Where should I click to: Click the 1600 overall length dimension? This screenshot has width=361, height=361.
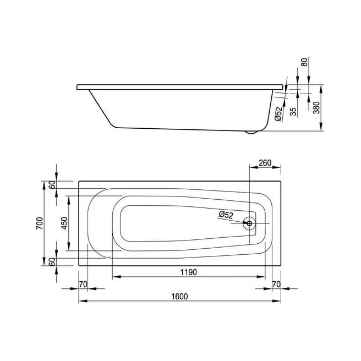coord(179,296)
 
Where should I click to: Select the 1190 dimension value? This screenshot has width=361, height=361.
coord(189,272)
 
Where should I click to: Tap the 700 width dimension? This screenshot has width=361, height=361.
coord(40,223)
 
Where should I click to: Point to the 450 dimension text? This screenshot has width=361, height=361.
coord(64,223)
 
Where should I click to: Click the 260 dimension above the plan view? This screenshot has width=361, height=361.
coord(265,163)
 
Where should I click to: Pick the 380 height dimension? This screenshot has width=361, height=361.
coord(317,107)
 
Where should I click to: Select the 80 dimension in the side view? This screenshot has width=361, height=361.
coord(304,62)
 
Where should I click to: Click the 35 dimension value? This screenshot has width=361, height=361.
coord(293,112)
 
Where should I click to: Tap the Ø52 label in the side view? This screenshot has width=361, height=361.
coord(278,114)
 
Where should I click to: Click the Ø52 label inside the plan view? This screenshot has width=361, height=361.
coord(226,215)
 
